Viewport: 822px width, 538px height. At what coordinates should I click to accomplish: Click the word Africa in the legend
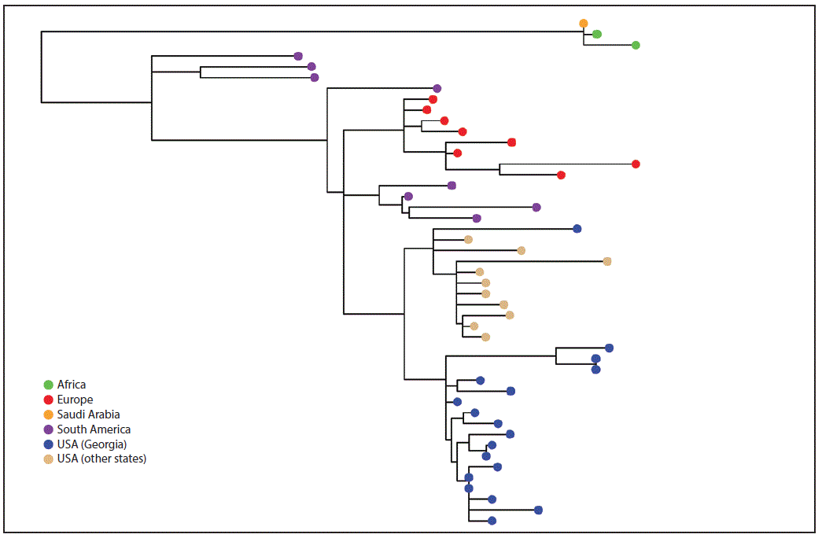pyautogui.click(x=72, y=385)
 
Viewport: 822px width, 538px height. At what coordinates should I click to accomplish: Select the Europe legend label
pyautogui.click(x=75, y=400)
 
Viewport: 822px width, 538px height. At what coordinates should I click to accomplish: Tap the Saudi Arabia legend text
pyautogui.click(x=88, y=415)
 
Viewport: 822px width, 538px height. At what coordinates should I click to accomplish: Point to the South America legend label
pyautogui.click(x=94, y=429)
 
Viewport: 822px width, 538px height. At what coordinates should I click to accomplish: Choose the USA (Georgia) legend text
pyautogui.click(x=92, y=444)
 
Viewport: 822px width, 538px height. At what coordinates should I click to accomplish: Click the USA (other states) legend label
pyautogui.click(x=101, y=459)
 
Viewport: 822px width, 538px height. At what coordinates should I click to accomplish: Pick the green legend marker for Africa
pyautogui.click(x=49, y=385)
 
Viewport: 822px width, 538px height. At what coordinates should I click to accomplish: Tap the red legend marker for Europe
pyautogui.click(x=49, y=400)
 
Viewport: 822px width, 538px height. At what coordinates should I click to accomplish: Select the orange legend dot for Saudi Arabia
pyautogui.click(x=49, y=415)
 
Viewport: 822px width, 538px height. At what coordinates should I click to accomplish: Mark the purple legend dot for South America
pyautogui.click(x=49, y=429)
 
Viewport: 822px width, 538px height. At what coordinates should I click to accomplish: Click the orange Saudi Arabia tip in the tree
pyautogui.click(x=584, y=24)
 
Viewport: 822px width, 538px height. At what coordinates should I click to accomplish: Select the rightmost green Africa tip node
pyautogui.click(x=636, y=46)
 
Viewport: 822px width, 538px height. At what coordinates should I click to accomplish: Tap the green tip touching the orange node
pyautogui.click(x=597, y=34)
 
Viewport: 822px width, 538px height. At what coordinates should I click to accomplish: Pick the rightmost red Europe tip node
pyautogui.click(x=636, y=164)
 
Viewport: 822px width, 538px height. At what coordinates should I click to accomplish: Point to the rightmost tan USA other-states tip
pyautogui.click(x=606, y=261)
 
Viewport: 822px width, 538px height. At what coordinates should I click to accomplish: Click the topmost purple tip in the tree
pyautogui.click(x=298, y=56)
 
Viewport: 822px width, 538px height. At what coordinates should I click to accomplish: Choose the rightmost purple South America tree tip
pyautogui.click(x=536, y=207)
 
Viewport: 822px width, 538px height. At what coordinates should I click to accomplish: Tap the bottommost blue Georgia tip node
pyautogui.click(x=492, y=521)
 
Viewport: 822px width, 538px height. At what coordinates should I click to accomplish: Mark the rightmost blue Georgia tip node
pyautogui.click(x=609, y=348)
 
